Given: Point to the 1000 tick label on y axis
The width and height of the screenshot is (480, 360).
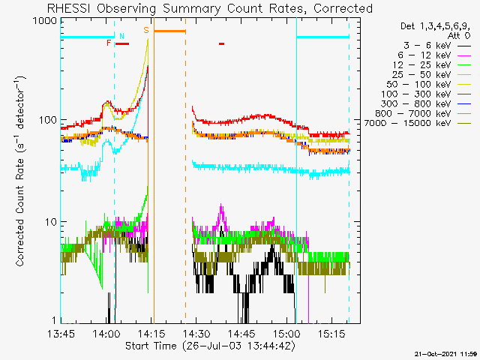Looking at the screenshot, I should [46, 21].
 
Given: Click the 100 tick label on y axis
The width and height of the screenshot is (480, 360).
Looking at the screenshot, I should [49, 121].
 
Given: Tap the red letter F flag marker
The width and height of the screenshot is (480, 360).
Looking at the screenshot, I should [109, 43].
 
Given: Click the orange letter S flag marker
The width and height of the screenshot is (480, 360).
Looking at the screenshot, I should [145, 31].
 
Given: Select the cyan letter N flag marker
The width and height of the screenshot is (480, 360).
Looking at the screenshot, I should [121, 35].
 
